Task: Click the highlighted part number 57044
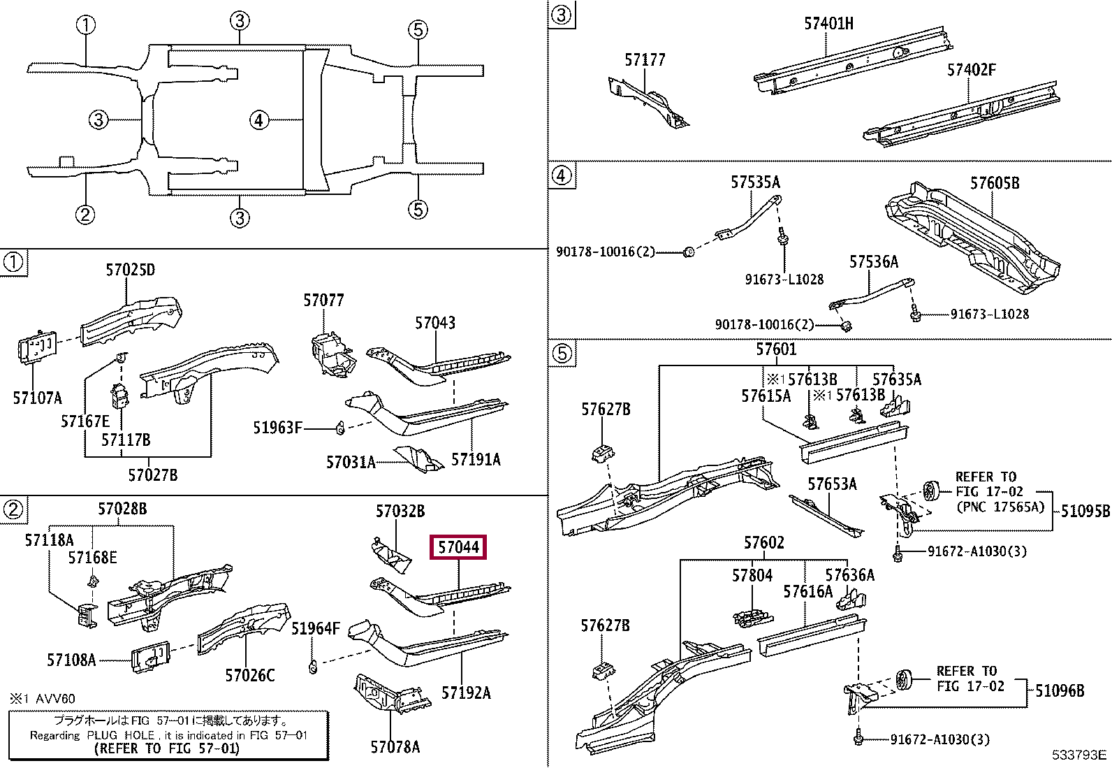tap(458, 547)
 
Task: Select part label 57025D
tap(131, 270)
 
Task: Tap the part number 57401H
tap(828, 24)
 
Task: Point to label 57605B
tap(994, 183)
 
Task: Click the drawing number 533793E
tap(1079, 755)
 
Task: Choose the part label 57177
tap(645, 60)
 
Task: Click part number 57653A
tap(831, 484)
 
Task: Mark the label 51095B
tap(1085, 511)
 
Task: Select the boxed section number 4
tap(562, 175)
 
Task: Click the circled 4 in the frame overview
tap(259, 120)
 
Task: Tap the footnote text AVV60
tap(55, 698)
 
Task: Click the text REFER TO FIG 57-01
tap(166, 748)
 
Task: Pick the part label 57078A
tap(395, 747)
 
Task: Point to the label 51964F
tap(315, 628)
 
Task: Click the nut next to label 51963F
tap(340, 427)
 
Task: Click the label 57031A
tap(351, 462)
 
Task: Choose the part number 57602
tap(763, 543)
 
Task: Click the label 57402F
tap(971, 70)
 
